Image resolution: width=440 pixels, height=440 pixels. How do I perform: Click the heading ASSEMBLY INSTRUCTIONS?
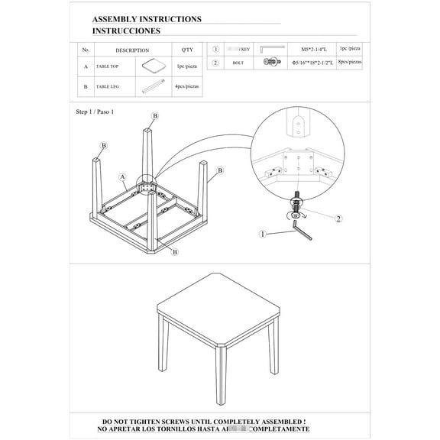click(147, 19)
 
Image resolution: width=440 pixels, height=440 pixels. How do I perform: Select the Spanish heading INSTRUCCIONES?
click(126, 31)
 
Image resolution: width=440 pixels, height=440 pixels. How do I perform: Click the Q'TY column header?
click(187, 50)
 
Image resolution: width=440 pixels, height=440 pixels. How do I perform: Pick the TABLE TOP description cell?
click(107, 66)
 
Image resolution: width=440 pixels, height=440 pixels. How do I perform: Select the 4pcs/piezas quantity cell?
click(187, 87)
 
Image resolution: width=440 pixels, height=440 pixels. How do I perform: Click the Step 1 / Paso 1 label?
click(95, 112)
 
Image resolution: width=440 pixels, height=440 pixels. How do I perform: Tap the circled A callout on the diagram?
click(122, 176)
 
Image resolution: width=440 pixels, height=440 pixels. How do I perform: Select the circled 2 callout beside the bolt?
click(337, 218)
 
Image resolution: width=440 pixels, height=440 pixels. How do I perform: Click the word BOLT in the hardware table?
click(238, 63)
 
